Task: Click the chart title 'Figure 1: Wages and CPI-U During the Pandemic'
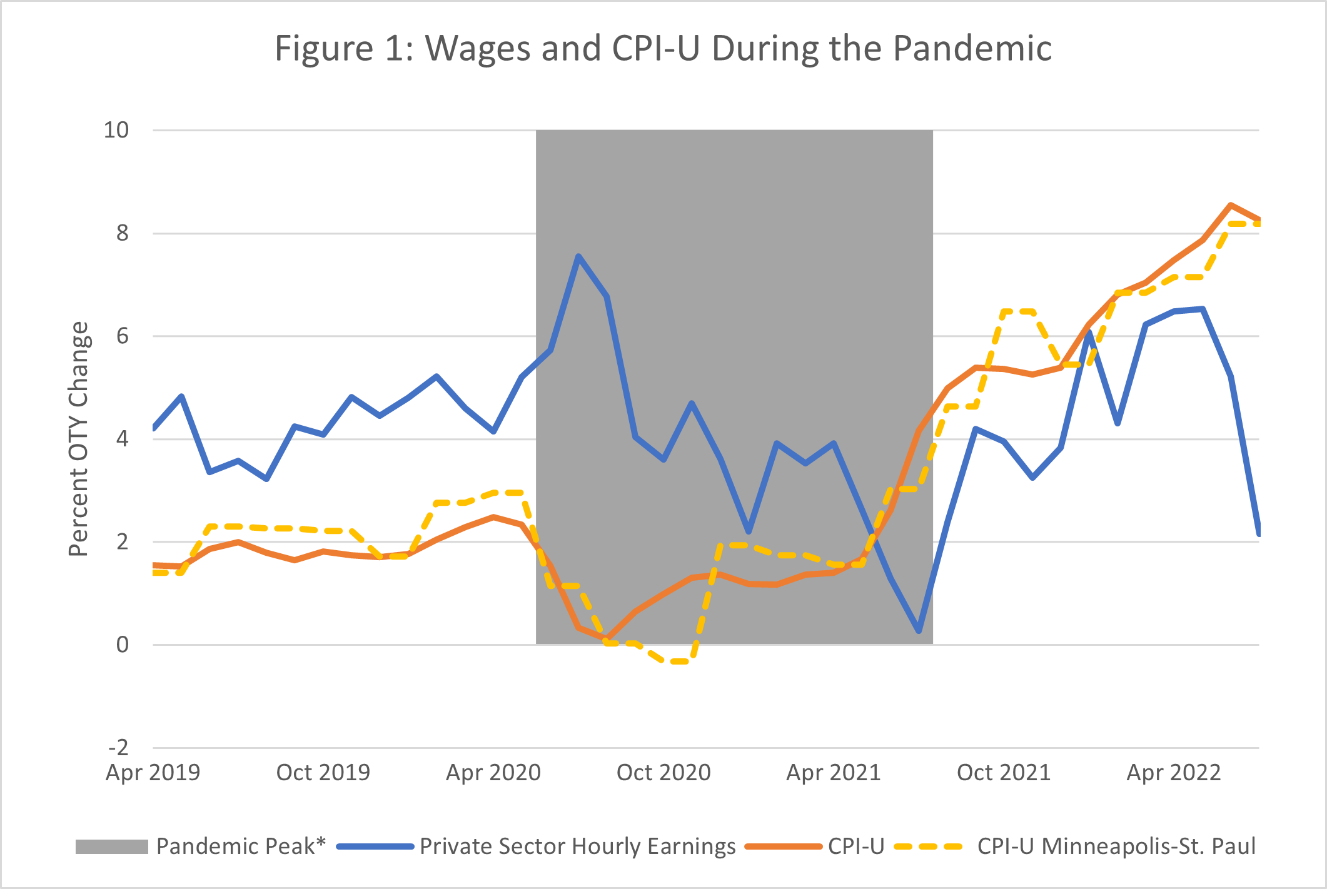click(663, 49)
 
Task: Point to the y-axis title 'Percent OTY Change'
click(79, 439)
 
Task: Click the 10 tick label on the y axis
click(116, 130)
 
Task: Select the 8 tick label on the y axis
click(122, 233)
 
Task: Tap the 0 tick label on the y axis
click(122, 645)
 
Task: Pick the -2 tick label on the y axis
click(118, 747)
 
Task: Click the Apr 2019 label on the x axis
click(153, 773)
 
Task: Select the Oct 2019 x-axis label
click(323, 773)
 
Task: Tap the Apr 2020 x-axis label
click(493, 773)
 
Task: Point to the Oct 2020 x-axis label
click(663, 773)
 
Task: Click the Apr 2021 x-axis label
click(833, 773)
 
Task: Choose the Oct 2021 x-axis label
click(1004, 773)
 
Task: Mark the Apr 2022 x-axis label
click(1173, 773)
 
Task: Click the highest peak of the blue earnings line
click(578, 256)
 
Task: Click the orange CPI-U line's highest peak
click(1231, 204)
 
